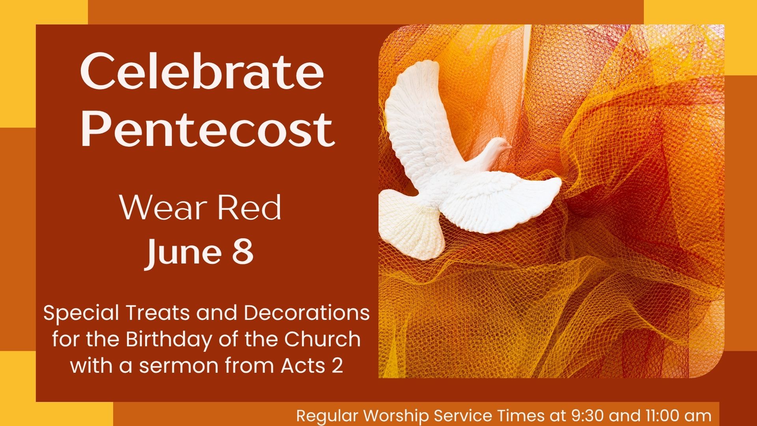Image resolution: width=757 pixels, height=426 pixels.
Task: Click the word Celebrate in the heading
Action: (x=202, y=72)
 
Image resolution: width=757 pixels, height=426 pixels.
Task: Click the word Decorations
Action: (x=307, y=313)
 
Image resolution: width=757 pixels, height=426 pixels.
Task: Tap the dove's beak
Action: (x=509, y=147)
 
